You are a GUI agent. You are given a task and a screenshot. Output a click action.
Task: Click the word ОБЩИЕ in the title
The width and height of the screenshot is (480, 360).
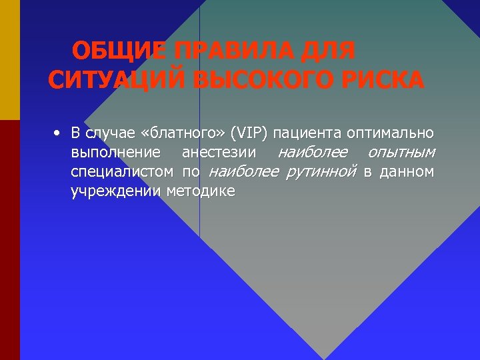point(119,51)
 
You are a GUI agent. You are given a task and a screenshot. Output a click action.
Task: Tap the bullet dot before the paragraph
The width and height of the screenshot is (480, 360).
point(59,133)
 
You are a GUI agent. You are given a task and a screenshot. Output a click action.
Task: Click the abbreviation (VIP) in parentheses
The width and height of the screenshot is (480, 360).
point(248,133)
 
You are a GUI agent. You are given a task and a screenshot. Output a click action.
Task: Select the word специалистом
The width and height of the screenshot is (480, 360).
point(122,172)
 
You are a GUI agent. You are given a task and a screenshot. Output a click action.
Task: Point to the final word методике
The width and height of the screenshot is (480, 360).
point(201,191)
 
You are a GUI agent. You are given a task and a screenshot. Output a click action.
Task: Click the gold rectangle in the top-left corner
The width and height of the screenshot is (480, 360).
point(10,60)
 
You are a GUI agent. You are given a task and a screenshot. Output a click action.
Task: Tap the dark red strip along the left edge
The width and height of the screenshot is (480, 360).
point(10,240)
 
